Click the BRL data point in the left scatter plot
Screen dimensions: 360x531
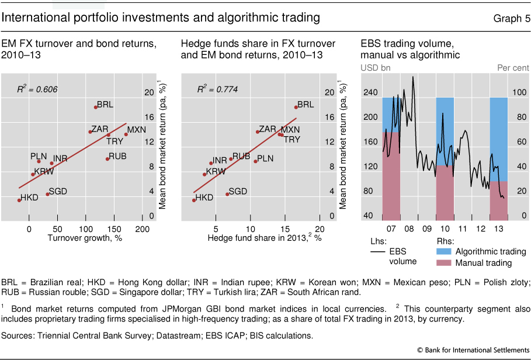click(x=95, y=107)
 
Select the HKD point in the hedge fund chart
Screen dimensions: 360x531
click(x=194, y=200)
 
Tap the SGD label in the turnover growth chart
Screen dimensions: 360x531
click(x=57, y=191)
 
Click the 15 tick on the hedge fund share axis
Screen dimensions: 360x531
click(x=284, y=227)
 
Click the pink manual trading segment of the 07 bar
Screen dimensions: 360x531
click(x=391, y=175)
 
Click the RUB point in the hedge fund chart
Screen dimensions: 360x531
click(x=231, y=158)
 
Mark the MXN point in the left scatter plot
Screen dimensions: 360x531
click(x=126, y=134)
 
